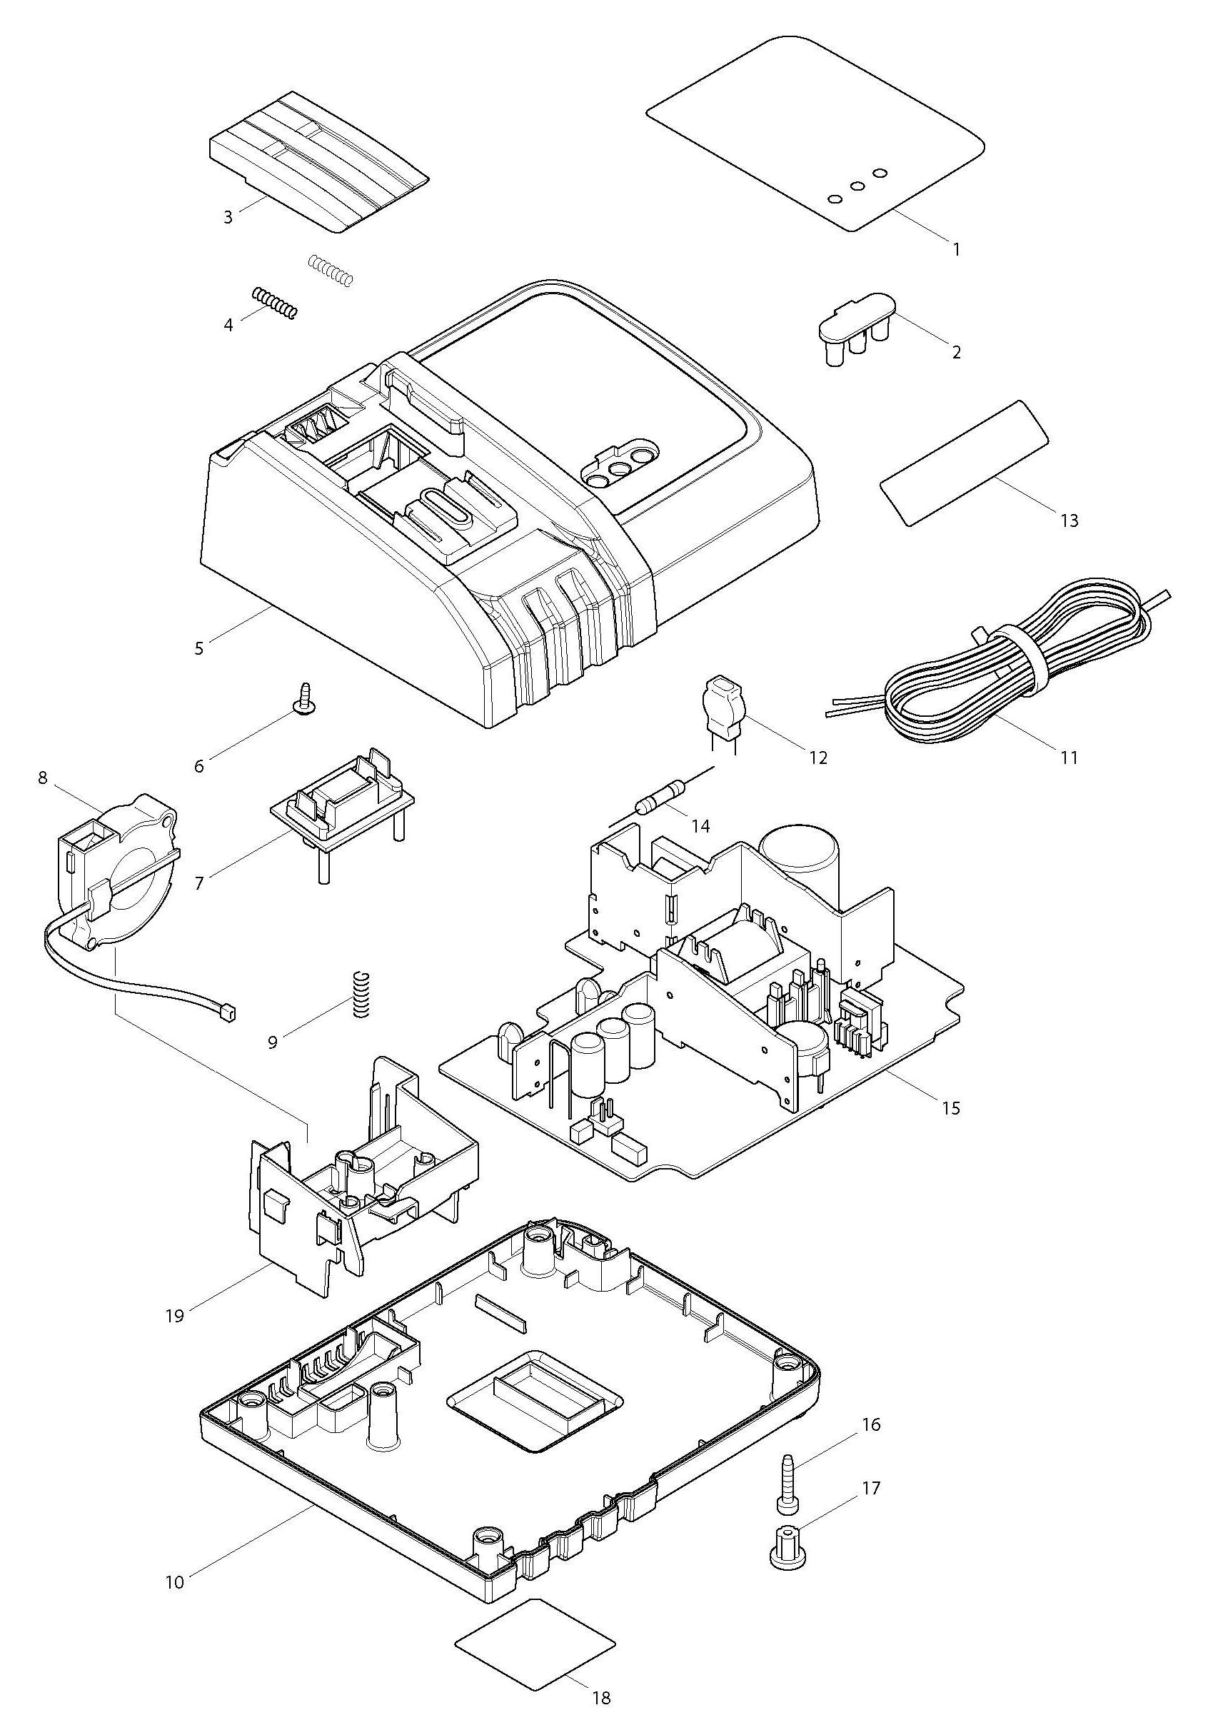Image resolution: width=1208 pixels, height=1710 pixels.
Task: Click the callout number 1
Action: pyautogui.click(x=956, y=249)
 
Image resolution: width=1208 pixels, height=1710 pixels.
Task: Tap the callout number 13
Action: pyautogui.click(x=1069, y=520)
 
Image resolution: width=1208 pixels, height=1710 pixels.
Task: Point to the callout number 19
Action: pyautogui.click(x=174, y=1316)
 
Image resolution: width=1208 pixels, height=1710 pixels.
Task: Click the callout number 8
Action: pyautogui.click(x=41, y=778)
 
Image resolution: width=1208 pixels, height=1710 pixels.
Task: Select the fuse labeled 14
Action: pyautogui.click(x=660, y=797)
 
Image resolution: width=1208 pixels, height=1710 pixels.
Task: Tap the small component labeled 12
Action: pyautogui.click(x=721, y=700)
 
